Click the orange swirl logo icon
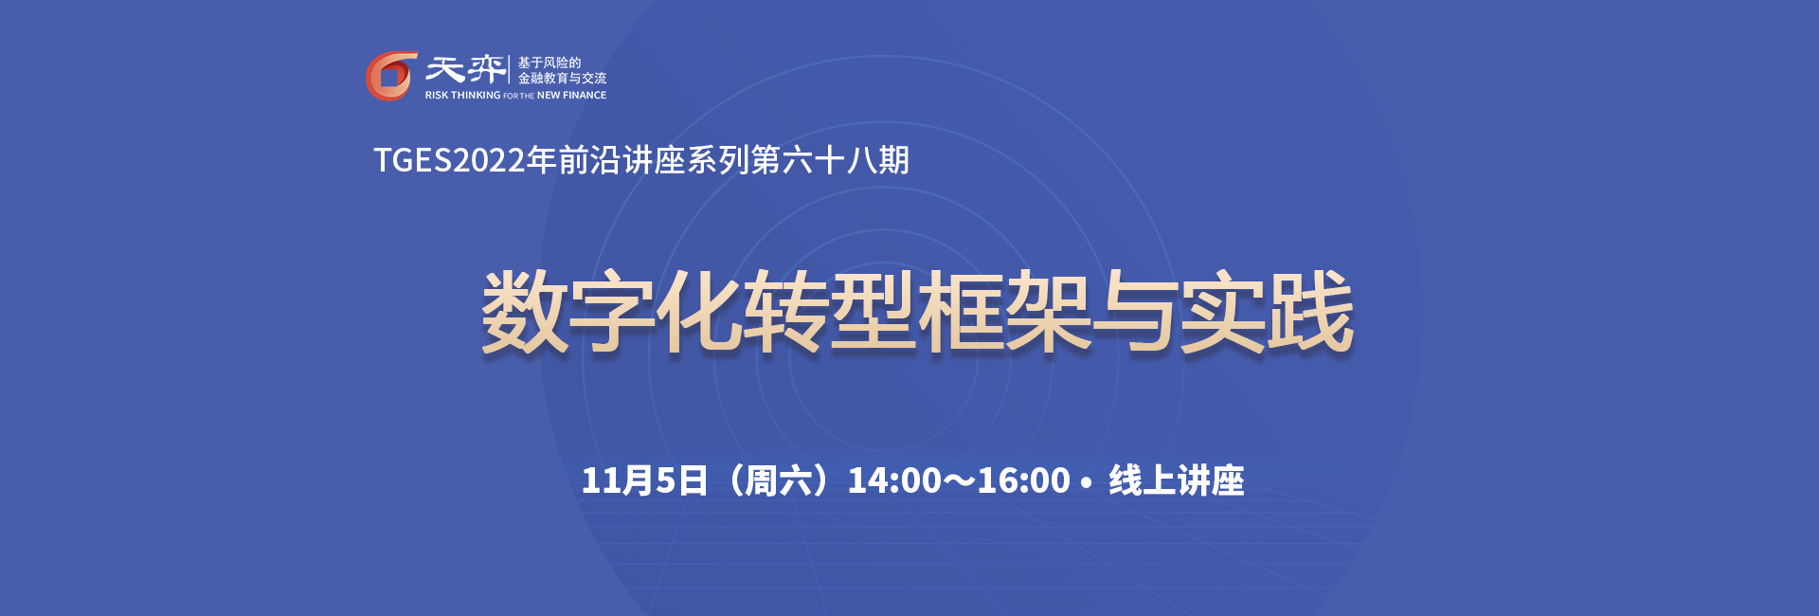pyautogui.click(x=391, y=76)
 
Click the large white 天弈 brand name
pyautogui.click(x=464, y=69)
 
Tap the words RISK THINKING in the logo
pyautogui.click(x=462, y=96)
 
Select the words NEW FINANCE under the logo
pyautogui.click(x=571, y=96)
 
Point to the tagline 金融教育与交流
pyautogui.click(x=562, y=79)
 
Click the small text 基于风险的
pyautogui.click(x=549, y=63)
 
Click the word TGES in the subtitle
pyautogui.click(x=412, y=160)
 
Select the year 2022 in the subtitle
pyautogui.click(x=489, y=160)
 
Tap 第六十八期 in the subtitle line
pyautogui.click(x=830, y=160)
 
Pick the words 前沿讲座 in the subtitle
pyautogui.click(x=621, y=160)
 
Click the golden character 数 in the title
pyautogui.click(x=525, y=313)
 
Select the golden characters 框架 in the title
pyautogui.click(x=1004, y=313)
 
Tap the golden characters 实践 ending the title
pyautogui.click(x=1267, y=313)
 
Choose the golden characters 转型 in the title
pyautogui.click(x=830, y=313)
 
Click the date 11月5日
pyautogui.click(x=644, y=480)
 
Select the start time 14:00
pyautogui.click(x=894, y=480)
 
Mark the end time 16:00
pyautogui.click(x=1023, y=480)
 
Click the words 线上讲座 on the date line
pyautogui.click(x=1177, y=480)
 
